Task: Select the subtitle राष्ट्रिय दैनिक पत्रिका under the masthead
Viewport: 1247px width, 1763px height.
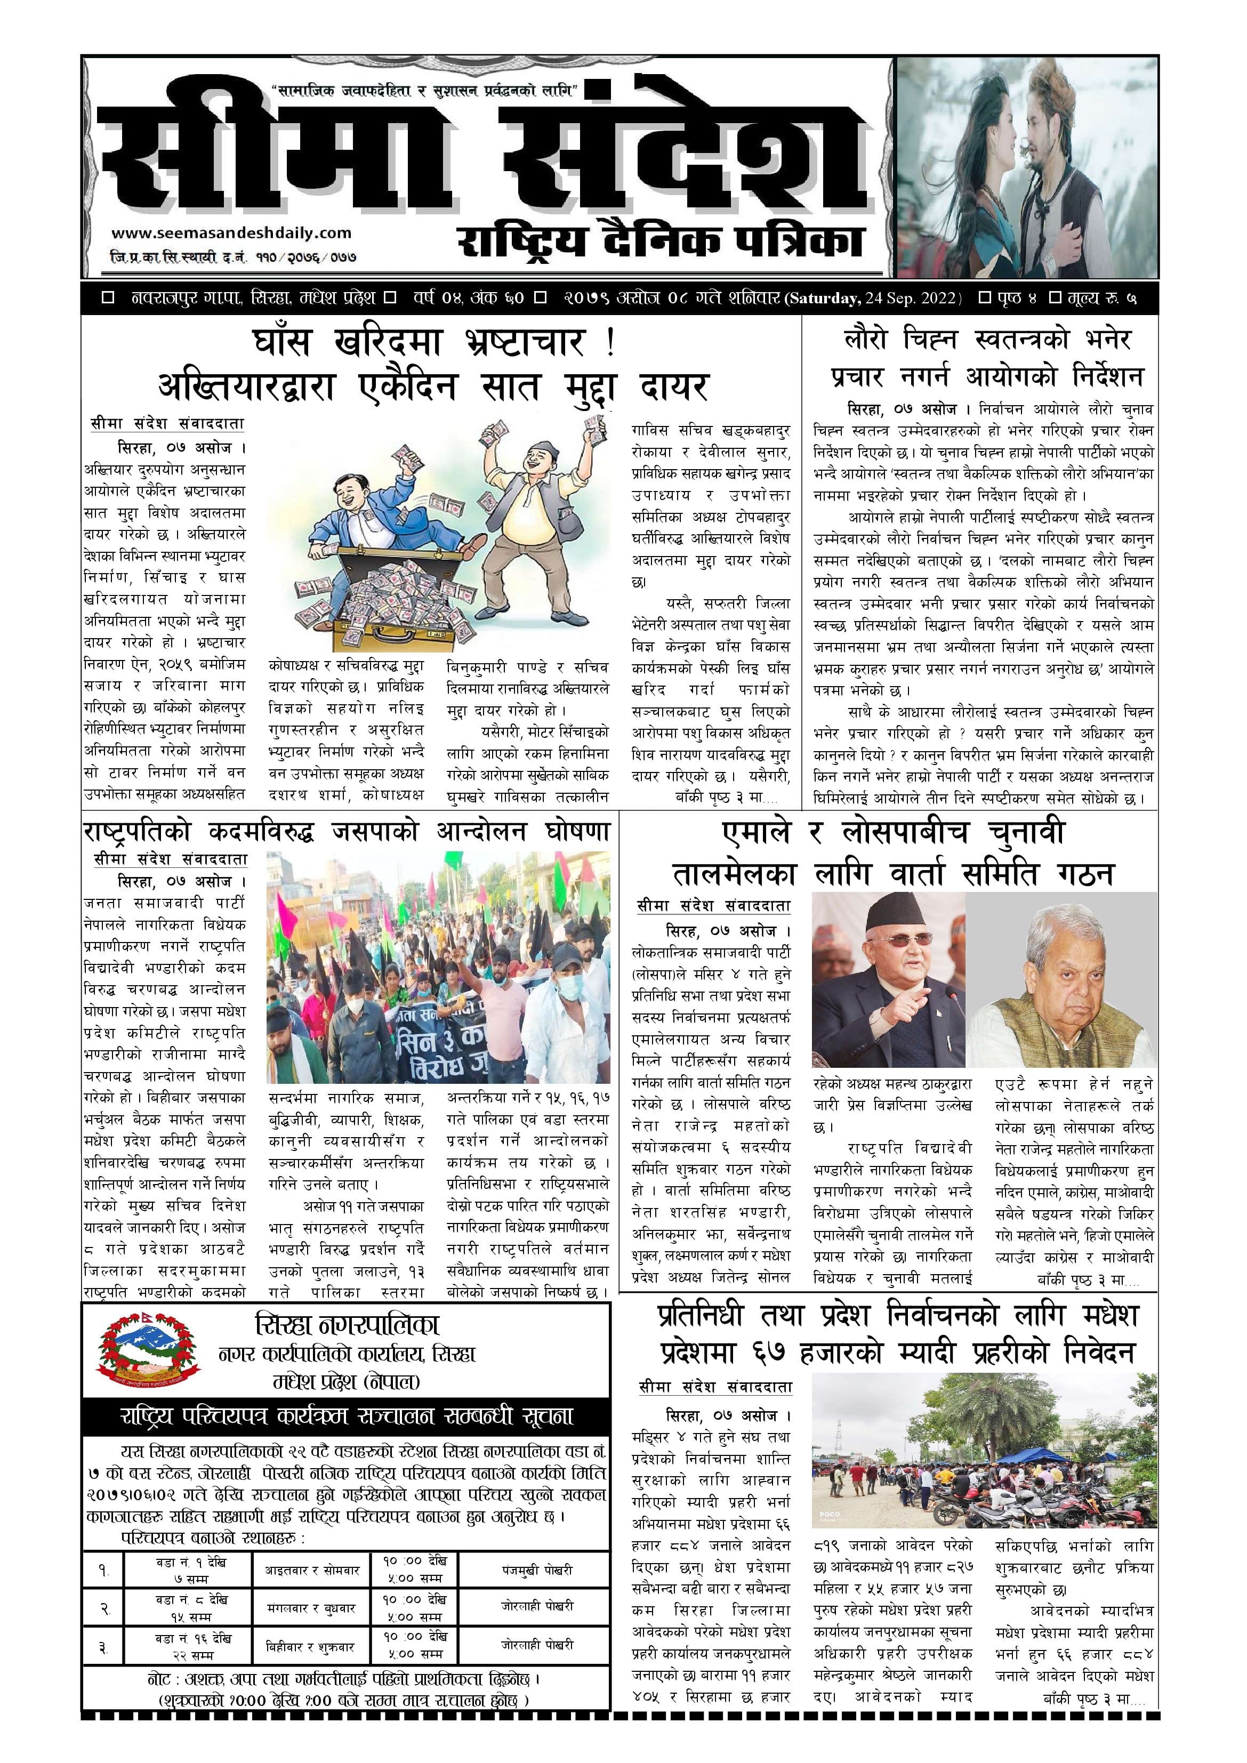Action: tap(661, 241)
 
